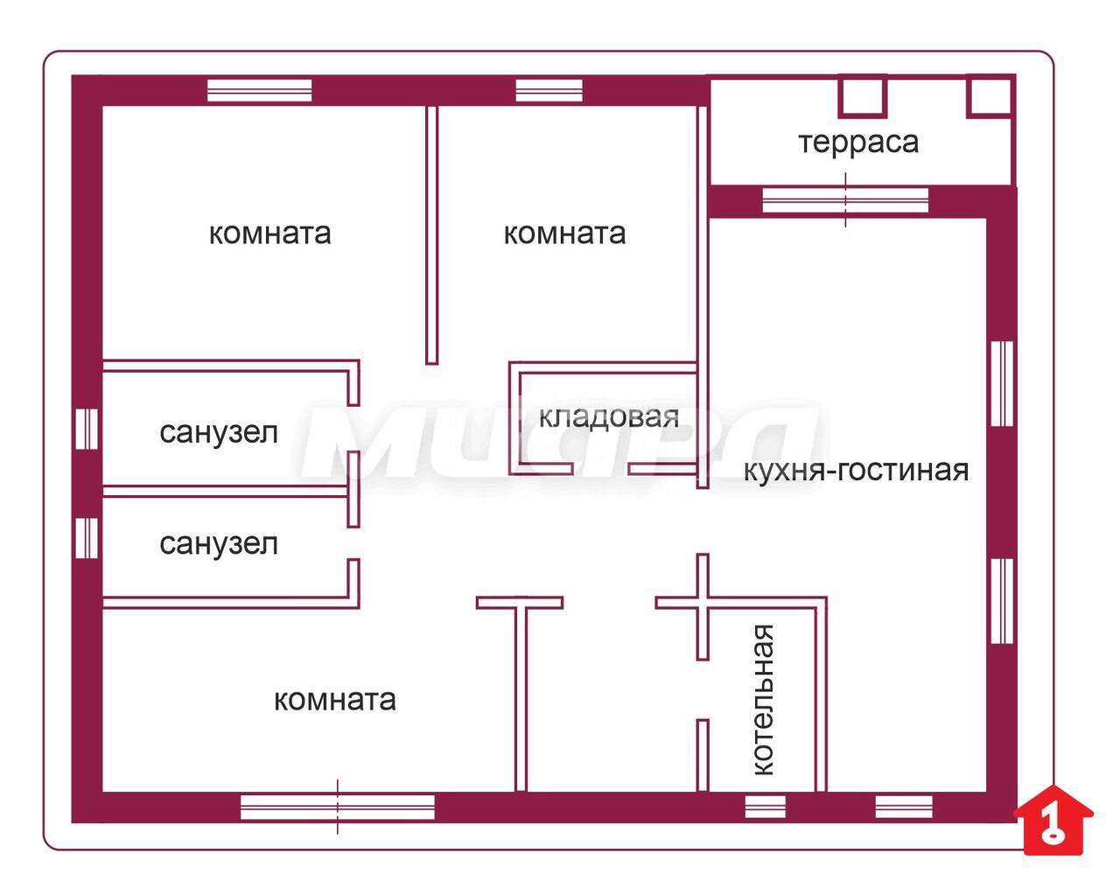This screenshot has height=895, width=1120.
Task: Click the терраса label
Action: (x=858, y=143)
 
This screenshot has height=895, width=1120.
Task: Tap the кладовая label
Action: (x=609, y=416)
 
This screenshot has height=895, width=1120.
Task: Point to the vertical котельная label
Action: (x=764, y=701)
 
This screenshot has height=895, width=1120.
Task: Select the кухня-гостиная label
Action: (x=856, y=471)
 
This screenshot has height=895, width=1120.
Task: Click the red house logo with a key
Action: (x=1053, y=821)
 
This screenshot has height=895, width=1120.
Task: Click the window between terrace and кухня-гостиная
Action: (x=845, y=199)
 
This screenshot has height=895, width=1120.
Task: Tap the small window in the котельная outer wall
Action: (x=765, y=807)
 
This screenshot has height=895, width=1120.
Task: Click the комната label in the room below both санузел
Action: (x=334, y=701)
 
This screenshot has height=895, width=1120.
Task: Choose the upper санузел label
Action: (x=219, y=433)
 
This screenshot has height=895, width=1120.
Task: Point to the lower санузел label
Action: (x=219, y=545)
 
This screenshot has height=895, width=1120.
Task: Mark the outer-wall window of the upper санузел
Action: (x=87, y=429)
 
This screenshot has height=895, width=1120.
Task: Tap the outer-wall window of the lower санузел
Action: (x=87, y=538)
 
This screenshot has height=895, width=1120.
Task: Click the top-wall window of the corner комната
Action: (x=260, y=90)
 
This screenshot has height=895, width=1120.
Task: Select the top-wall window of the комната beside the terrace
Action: (x=549, y=90)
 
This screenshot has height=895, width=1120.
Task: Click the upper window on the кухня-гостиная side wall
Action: (x=1002, y=383)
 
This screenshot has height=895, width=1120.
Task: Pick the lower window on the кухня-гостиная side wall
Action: (x=1002, y=601)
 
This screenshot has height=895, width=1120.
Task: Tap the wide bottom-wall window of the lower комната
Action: (x=337, y=807)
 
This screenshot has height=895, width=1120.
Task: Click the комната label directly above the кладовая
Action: (x=564, y=234)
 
